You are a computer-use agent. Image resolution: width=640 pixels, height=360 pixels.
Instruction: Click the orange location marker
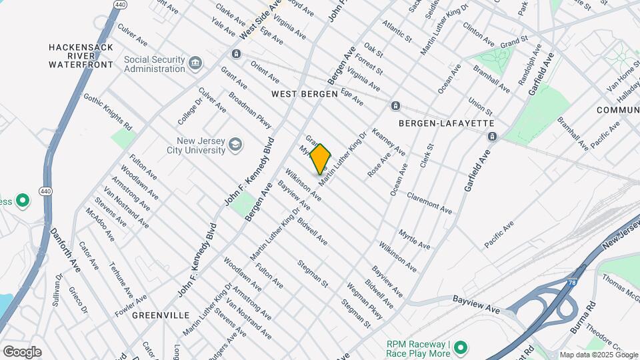click(x=321, y=159)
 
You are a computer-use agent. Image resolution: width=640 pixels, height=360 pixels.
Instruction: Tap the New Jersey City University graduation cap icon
click(x=235, y=145)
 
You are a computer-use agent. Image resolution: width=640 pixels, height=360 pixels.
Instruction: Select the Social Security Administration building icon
click(x=195, y=63)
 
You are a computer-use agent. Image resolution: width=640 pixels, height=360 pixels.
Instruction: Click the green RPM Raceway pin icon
click(x=460, y=347)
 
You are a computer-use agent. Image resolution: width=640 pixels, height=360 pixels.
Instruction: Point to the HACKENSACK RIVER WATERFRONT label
click(x=81, y=56)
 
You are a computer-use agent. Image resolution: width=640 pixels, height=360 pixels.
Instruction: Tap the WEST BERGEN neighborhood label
click(x=305, y=94)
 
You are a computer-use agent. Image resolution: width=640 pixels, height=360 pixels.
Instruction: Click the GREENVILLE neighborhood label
click(x=160, y=315)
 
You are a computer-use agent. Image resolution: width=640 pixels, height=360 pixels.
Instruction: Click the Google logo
click(x=22, y=352)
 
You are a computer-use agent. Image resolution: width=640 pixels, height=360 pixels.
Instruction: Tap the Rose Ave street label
click(x=379, y=166)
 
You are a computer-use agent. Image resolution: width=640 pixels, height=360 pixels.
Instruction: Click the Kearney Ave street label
click(x=388, y=141)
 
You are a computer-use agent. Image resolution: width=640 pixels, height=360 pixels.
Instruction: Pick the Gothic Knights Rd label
click(x=107, y=110)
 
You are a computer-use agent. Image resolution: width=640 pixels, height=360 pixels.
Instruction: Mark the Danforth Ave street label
click(x=65, y=250)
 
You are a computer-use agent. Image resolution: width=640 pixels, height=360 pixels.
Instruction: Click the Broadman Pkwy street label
click(x=251, y=107)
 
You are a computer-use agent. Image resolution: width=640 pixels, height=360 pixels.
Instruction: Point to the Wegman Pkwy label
click(x=365, y=301)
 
